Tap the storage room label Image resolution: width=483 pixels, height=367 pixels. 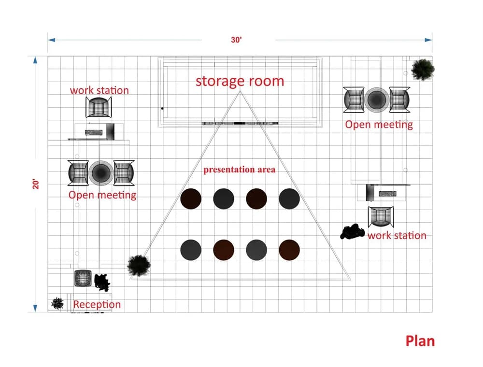240,81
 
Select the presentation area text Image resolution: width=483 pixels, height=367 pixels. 239,169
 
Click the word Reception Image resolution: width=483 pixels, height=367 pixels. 97,304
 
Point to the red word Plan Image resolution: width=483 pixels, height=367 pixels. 420,340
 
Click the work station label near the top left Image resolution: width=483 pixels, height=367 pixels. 99,90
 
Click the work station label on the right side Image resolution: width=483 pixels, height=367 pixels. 397,236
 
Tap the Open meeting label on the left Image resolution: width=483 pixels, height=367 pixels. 102,195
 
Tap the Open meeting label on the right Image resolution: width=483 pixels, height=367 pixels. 379,125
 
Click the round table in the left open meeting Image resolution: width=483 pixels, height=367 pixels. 100,172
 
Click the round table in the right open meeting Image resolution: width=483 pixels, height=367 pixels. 376,99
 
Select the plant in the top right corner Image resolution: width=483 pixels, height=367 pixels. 423,70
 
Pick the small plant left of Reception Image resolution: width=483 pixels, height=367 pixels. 57,303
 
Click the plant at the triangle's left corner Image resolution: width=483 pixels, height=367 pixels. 139,265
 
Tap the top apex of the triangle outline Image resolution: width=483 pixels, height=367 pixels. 239,91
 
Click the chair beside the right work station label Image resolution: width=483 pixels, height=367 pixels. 381,216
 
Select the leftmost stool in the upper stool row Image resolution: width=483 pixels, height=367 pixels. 191,198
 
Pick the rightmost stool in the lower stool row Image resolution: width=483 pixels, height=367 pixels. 289,250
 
